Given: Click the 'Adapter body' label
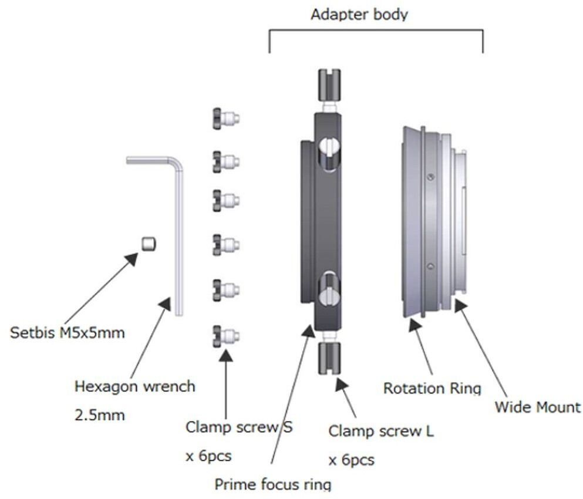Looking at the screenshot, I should (x=359, y=14).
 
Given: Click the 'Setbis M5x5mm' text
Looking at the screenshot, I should (x=68, y=333).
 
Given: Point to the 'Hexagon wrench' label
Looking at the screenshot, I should (x=135, y=387).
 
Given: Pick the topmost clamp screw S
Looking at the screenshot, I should (x=226, y=118).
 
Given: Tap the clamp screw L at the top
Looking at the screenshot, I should (x=329, y=84).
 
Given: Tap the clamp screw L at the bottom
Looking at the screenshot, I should (x=329, y=359).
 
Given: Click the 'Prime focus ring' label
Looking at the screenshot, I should (x=272, y=484).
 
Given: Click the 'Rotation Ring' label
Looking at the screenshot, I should (x=432, y=388).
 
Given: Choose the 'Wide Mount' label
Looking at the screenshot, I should (x=537, y=406).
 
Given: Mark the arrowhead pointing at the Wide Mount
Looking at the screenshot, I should (x=461, y=306).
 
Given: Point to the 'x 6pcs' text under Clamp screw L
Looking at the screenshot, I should (x=351, y=460).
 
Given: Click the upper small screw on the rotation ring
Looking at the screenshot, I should (x=432, y=176).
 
